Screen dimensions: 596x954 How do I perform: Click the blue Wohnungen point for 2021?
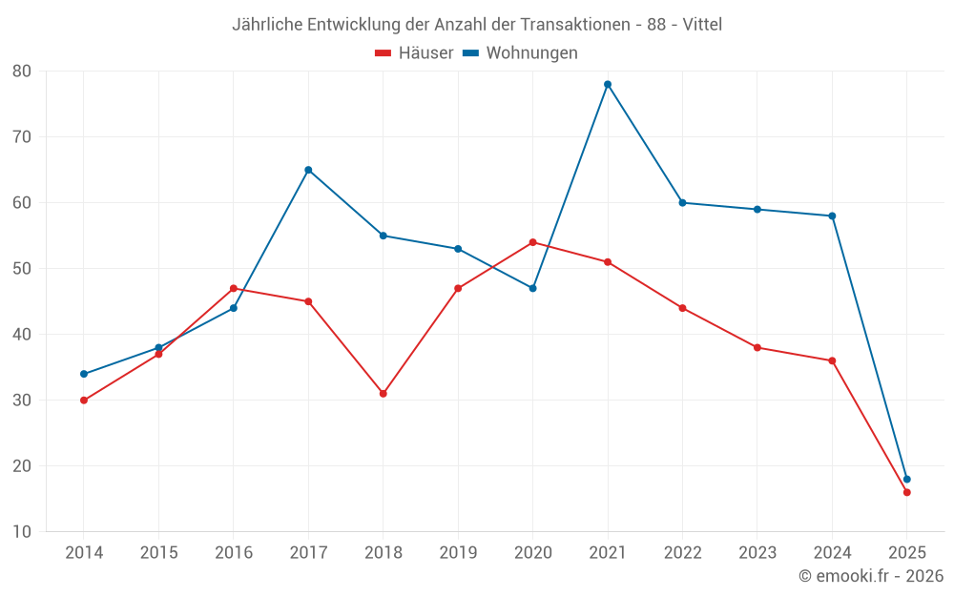pyautogui.click(x=608, y=84)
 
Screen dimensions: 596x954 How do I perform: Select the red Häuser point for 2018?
pyautogui.click(x=384, y=393)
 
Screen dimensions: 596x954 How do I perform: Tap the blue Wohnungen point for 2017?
pyautogui.click(x=308, y=170)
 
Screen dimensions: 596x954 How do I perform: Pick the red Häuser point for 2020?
pyautogui.click(x=532, y=242)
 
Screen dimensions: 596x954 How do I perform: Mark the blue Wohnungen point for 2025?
pyautogui.click(x=906, y=479)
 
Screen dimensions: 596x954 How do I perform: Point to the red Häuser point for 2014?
pyautogui.click(x=84, y=401)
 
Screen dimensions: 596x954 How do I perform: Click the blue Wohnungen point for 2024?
pyautogui.click(x=832, y=216)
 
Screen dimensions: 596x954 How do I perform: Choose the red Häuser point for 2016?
pyautogui.click(x=234, y=288)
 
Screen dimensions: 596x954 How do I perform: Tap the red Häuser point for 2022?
pyautogui.click(x=682, y=308)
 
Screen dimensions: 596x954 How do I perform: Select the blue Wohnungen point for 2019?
pyautogui.click(x=458, y=249)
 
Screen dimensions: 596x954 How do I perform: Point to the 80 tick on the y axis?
pyautogui.click(x=22, y=72)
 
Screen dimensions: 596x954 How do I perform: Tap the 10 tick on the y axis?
pyautogui.click(x=22, y=532)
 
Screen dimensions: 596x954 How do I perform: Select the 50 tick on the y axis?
pyautogui.click(x=22, y=269)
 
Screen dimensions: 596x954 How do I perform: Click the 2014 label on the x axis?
pyautogui.click(x=84, y=553)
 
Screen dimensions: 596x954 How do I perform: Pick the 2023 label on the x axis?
pyautogui.click(x=757, y=553)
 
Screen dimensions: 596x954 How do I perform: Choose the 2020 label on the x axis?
pyautogui.click(x=532, y=553)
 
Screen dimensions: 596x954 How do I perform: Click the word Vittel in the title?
pyautogui.click(x=701, y=25)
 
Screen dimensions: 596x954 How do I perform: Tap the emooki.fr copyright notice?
pyautogui.click(x=870, y=576)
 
